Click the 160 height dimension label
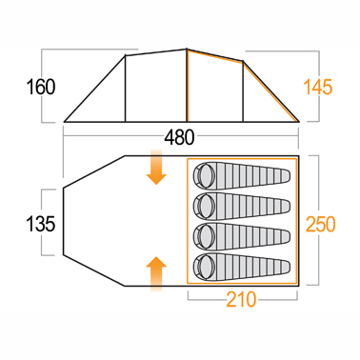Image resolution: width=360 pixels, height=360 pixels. pyautogui.click(x=41, y=87)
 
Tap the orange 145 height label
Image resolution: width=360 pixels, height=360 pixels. pyautogui.click(x=318, y=87)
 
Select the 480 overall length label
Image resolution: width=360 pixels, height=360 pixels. pyautogui.click(x=179, y=138)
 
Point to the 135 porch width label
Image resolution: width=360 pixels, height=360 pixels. pyautogui.click(x=41, y=224)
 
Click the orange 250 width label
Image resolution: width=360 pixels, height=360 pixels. pyautogui.click(x=320, y=224)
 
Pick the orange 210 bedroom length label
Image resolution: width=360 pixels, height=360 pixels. pyautogui.click(x=241, y=299)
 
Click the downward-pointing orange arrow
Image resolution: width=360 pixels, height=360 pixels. pyautogui.click(x=156, y=168)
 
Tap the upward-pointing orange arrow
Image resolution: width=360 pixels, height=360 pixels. pyautogui.click(x=156, y=274)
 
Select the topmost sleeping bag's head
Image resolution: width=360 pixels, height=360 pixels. pyautogui.click(x=205, y=175)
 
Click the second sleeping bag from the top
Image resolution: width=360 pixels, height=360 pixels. pyautogui.click(x=242, y=207)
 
